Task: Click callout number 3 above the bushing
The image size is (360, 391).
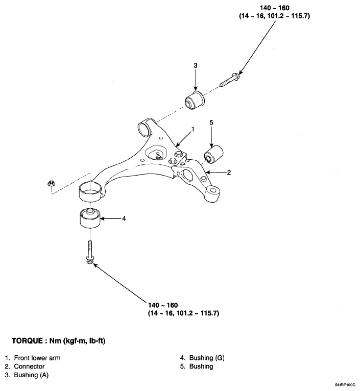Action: pyautogui.click(x=196, y=65)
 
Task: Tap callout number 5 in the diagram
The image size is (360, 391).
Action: pyautogui.click(x=211, y=123)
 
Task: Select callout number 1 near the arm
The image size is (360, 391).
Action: pyautogui.click(x=193, y=129)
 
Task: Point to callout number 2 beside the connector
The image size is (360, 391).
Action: pyautogui.click(x=229, y=173)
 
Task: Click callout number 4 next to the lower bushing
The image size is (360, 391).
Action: pyautogui.click(x=124, y=218)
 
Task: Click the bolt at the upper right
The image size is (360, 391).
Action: pyautogui.click(x=229, y=79)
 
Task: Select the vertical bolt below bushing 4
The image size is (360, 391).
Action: pyautogui.click(x=89, y=252)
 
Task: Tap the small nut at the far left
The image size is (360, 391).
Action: pyautogui.click(x=51, y=184)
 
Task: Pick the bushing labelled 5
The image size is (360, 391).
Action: pyautogui.click(x=213, y=154)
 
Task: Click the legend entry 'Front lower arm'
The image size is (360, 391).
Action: pyautogui.click(x=37, y=358)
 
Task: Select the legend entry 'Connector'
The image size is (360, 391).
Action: pyautogui.click(x=29, y=366)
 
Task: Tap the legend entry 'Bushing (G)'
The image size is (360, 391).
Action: pyautogui.click(x=207, y=358)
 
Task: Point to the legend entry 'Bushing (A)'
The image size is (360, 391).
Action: pyautogui.click(x=31, y=375)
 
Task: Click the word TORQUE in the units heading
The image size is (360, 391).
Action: pyautogui.click(x=27, y=341)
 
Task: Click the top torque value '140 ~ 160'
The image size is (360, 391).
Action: pyautogui.click(x=275, y=8)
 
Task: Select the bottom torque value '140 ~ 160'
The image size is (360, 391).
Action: pyautogui.click(x=163, y=305)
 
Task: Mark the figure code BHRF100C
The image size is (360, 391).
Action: pyautogui.click(x=345, y=385)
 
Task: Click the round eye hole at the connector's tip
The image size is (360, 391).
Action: pyautogui.click(x=213, y=190)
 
